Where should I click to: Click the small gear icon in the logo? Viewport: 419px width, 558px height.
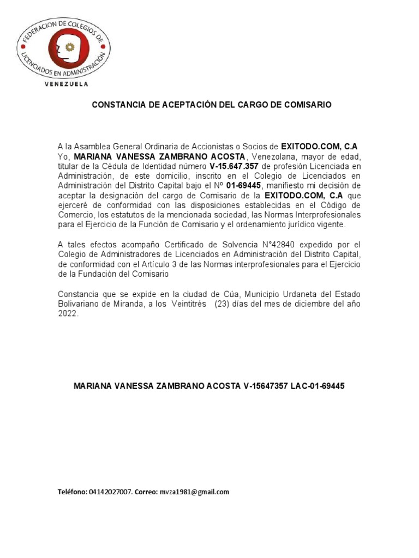[69, 47]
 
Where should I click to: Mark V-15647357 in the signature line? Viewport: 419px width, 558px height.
[265, 386]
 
